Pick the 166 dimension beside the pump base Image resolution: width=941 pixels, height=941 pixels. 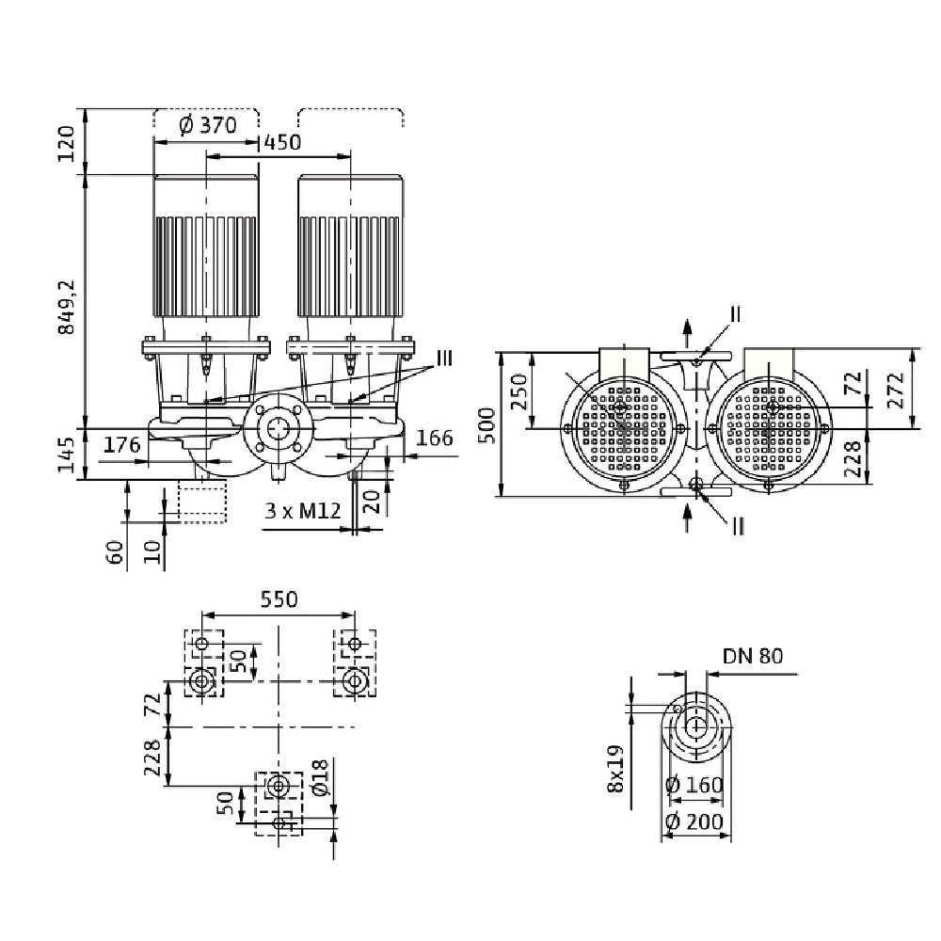click(434, 439)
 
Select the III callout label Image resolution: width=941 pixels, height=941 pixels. click(444, 357)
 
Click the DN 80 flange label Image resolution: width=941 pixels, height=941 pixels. click(753, 656)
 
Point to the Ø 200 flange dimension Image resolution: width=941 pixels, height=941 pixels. click(696, 821)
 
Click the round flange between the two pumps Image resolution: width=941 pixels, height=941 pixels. click(277, 429)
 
